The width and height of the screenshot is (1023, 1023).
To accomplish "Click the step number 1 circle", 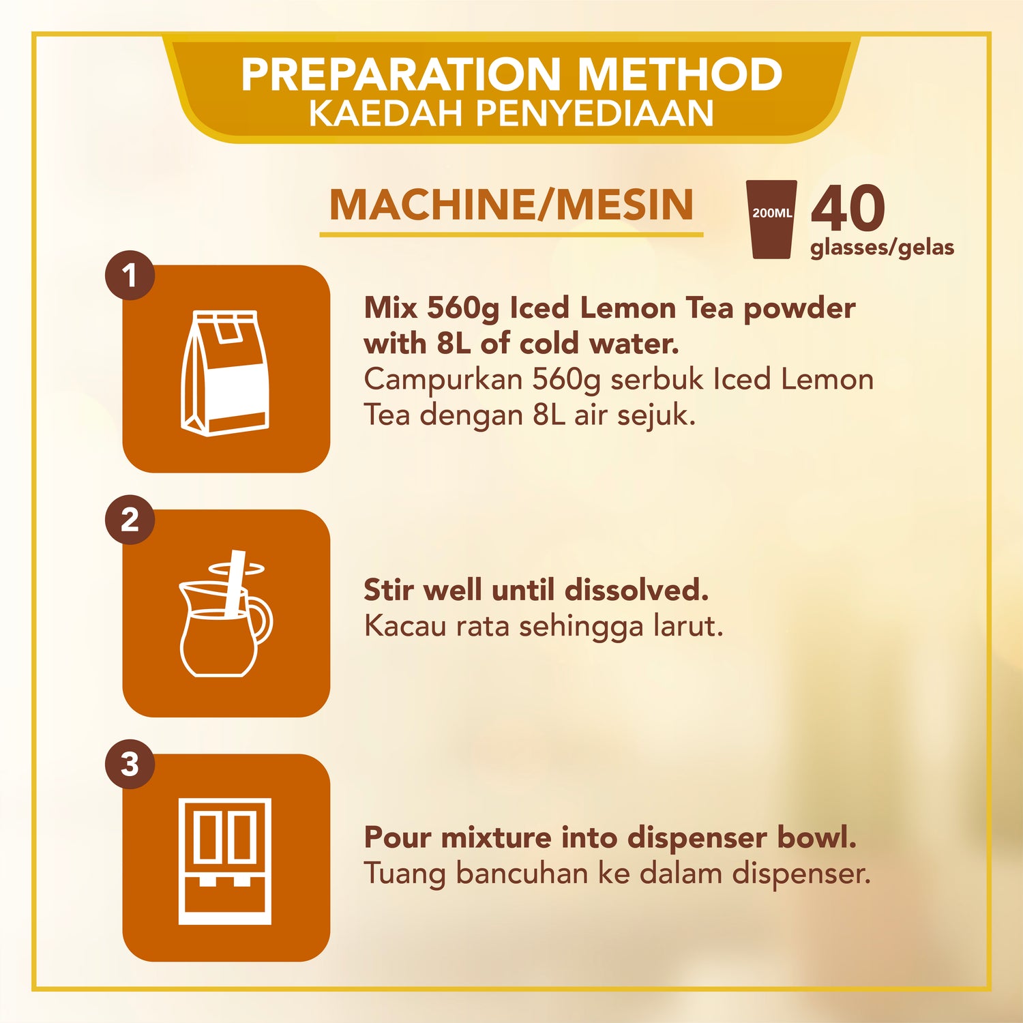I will coord(130,276).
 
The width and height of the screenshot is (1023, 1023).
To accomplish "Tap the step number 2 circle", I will coord(130,520).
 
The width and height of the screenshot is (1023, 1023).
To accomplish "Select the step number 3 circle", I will coord(130,764).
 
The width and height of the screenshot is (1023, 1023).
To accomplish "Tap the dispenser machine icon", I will coord(225,861).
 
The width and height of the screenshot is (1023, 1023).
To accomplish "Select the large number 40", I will coord(848,209).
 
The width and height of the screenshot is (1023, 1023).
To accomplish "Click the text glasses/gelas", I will coord(882,248).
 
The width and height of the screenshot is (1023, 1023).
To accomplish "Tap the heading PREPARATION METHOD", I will coord(512,74).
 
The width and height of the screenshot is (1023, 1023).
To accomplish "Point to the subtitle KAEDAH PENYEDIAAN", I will coord(512,113).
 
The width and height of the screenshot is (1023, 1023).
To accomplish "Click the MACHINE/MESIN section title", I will coord(512,205).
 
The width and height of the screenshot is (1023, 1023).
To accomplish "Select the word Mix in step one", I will coord(390,308).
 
